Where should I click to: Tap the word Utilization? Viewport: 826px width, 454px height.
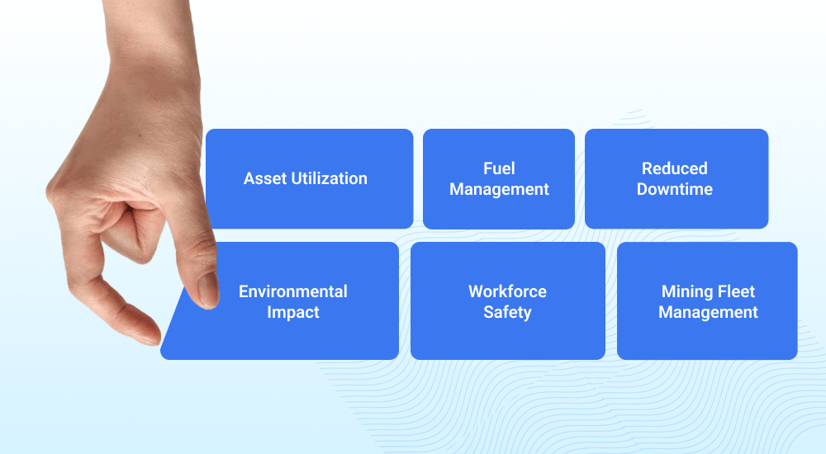tap(329, 178)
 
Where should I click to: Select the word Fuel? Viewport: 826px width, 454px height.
tap(499, 168)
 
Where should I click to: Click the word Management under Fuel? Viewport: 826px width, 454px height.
tap(499, 190)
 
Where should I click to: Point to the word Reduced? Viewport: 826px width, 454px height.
tap(674, 168)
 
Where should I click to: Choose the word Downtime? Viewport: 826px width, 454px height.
tap(674, 189)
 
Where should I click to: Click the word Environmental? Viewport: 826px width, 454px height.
tap(293, 291)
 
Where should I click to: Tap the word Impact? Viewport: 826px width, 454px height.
tap(293, 312)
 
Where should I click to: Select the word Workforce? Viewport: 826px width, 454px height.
tap(507, 291)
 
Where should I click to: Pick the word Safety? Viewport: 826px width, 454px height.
tap(507, 312)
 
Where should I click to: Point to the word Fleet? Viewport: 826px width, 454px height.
tap(736, 291)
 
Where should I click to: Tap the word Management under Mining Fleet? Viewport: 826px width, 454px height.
tap(708, 312)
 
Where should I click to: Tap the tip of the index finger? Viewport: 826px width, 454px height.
tap(152, 340)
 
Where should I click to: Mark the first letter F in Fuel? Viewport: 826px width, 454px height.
tap(488, 168)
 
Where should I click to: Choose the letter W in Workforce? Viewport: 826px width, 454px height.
tap(477, 291)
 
